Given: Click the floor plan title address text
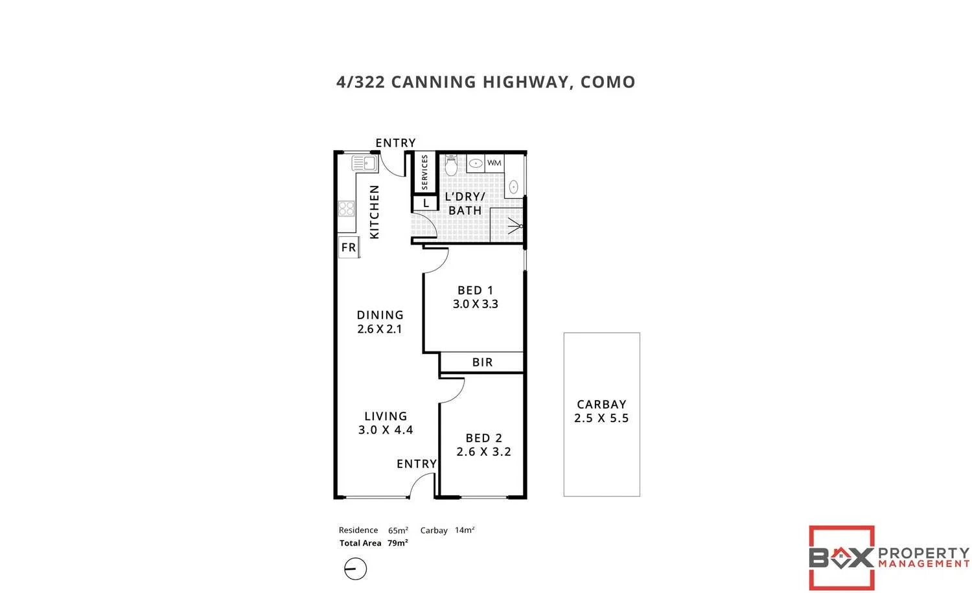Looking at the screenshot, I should [x=485, y=82].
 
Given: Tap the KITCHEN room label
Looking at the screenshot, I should [x=375, y=212].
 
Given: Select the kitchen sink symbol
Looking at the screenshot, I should [x=365, y=163].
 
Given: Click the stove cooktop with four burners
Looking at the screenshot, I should [x=346, y=208].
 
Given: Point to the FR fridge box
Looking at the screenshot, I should [x=349, y=247].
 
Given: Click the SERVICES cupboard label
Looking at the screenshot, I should [x=425, y=172].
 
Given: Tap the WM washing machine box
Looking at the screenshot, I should [x=494, y=163].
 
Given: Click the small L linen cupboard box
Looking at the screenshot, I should [x=426, y=203].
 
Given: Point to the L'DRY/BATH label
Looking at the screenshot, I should [x=465, y=203].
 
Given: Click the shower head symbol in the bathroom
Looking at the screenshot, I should [x=516, y=227].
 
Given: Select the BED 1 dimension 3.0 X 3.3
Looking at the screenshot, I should [x=475, y=304].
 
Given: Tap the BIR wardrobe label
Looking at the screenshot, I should [x=482, y=363].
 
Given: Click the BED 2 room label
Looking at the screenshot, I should [x=483, y=438].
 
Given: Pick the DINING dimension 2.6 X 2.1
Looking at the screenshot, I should [x=380, y=329].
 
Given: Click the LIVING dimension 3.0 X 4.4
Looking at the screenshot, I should [x=386, y=430].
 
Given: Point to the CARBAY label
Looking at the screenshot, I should [x=601, y=404].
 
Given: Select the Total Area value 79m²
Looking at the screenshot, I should [x=398, y=543].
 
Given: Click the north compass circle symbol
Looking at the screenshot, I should [x=355, y=569].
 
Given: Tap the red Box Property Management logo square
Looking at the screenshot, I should [x=842, y=557].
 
